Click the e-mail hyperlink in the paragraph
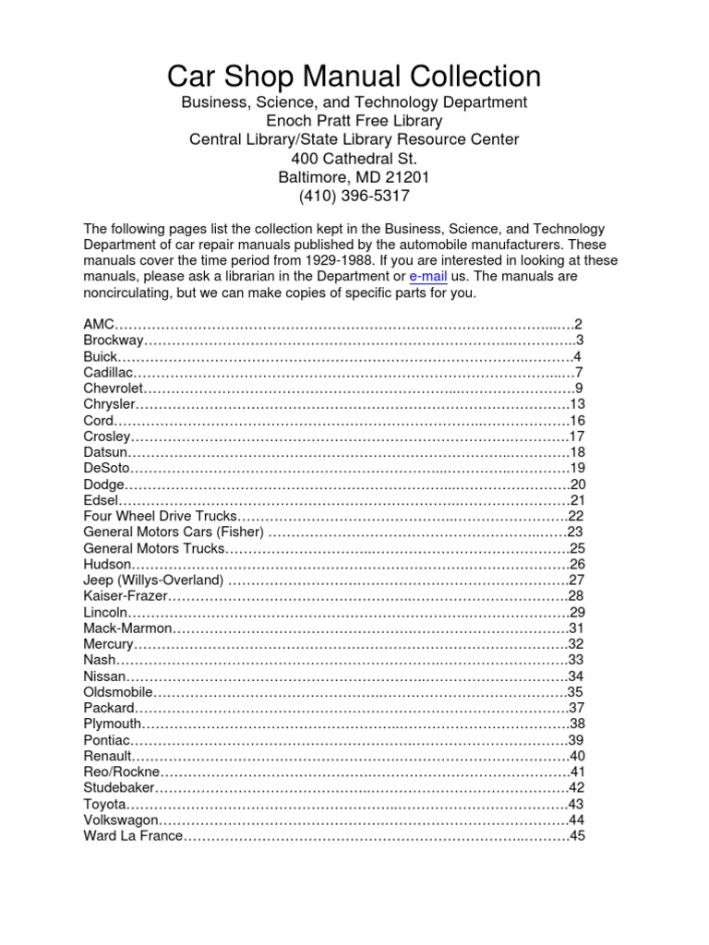click(x=427, y=277)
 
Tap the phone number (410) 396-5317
click(x=354, y=196)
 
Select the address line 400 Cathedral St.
click(x=354, y=158)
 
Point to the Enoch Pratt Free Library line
click(x=354, y=121)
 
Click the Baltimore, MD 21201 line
click(x=354, y=176)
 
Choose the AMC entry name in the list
click(x=98, y=324)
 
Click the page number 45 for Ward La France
click(x=578, y=837)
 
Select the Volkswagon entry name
click(x=121, y=820)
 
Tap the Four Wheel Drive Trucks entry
click(x=160, y=516)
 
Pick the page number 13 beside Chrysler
click(x=578, y=404)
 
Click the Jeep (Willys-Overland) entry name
click(x=153, y=580)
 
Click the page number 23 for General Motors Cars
click(x=576, y=532)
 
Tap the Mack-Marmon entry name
click(x=127, y=628)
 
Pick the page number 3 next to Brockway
click(x=579, y=341)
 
